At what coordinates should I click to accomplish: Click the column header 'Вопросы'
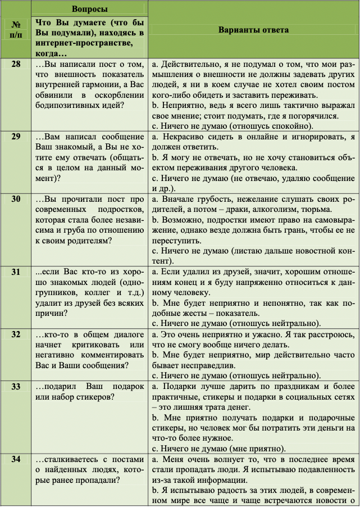click(x=90, y=9)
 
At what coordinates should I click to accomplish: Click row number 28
click(x=16, y=64)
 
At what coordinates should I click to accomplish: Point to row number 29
click(x=16, y=137)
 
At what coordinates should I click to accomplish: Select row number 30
click(x=16, y=199)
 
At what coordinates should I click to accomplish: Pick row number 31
click(x=16, y=272)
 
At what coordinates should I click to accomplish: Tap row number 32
click(x=16, y=334)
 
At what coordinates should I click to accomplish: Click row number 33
click(x=16, y=387)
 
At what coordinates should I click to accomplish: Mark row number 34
click(x=16, y=459)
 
